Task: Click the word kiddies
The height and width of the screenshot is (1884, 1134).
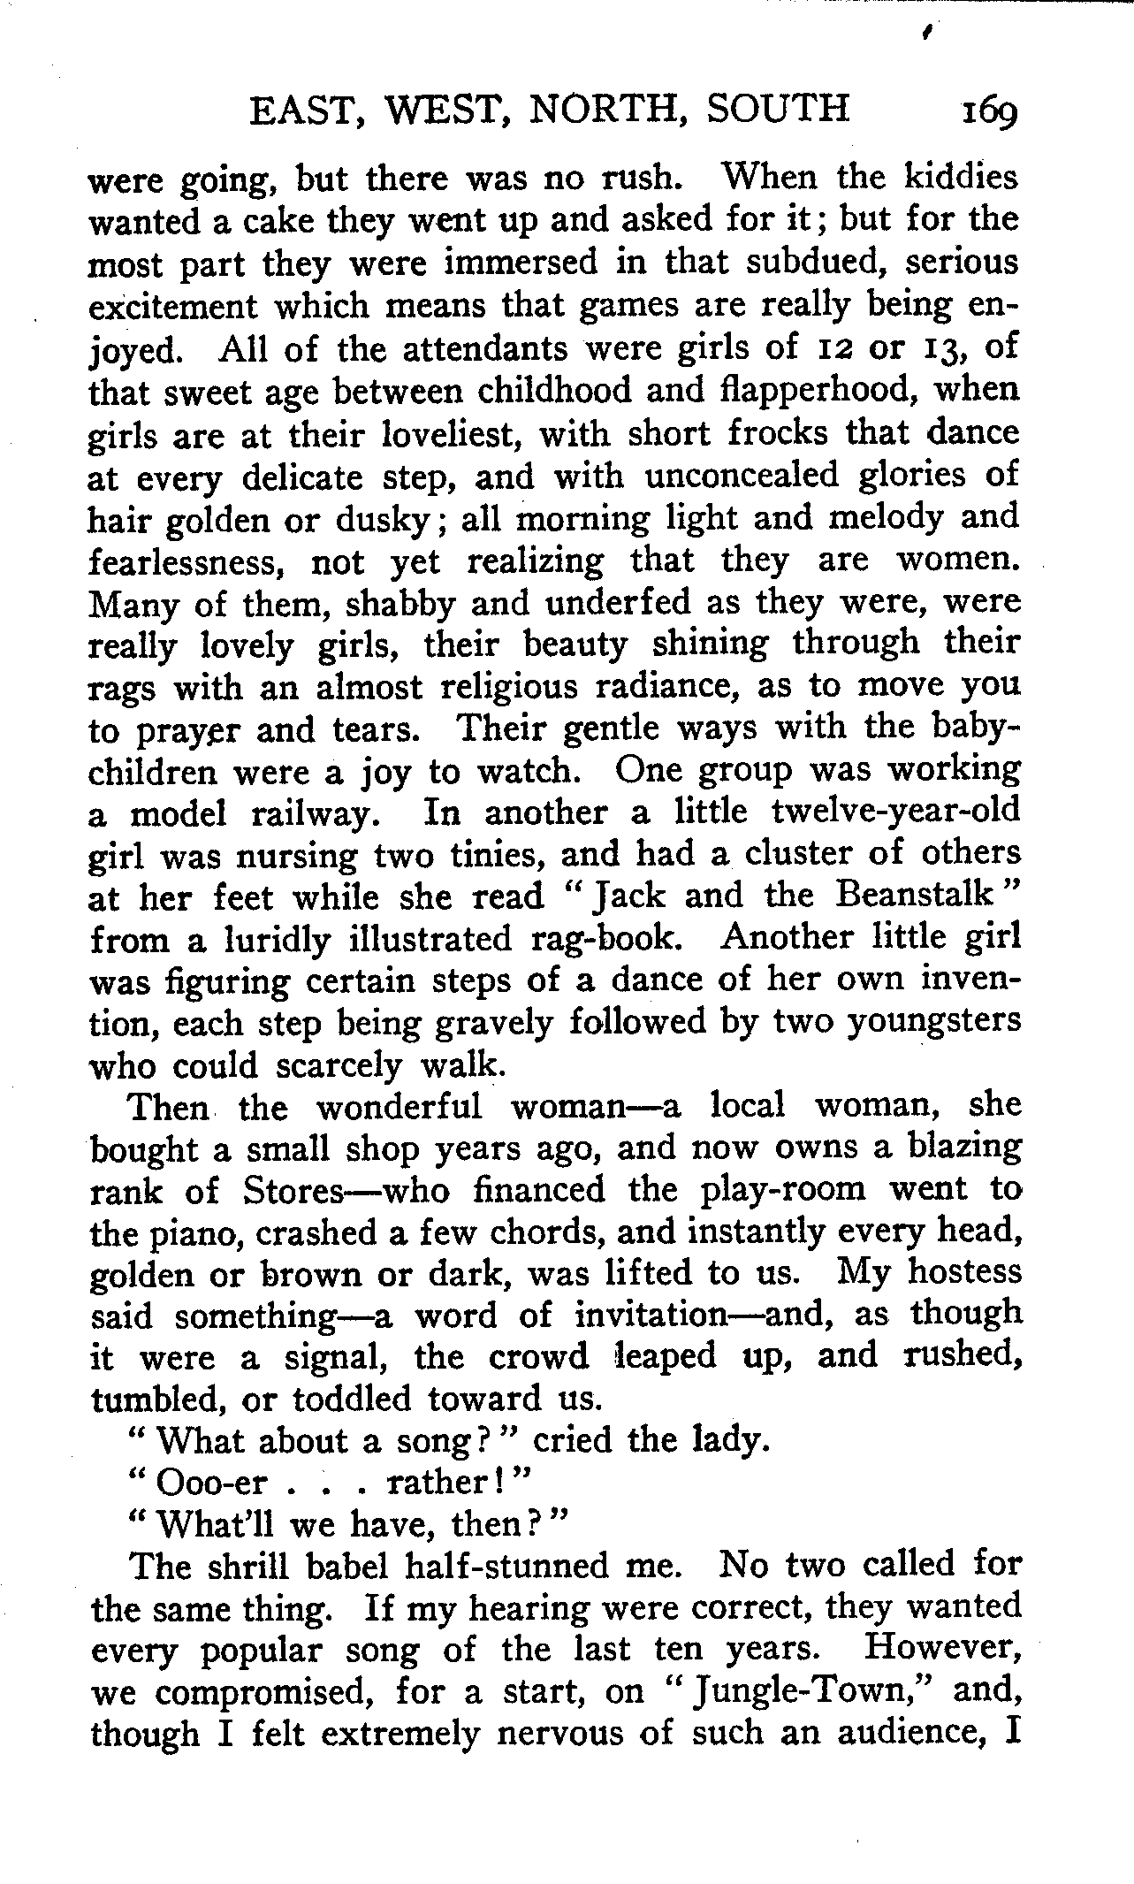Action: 960,179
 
